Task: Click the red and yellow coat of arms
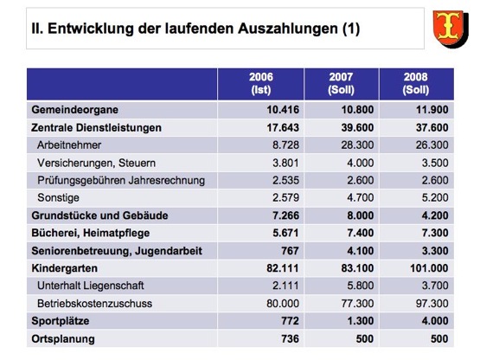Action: click(x=451, y=29)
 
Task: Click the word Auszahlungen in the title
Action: click(x=287, y=29)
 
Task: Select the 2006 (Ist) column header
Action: click(x=261, y=83)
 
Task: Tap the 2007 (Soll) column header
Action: click(x=341, y=83)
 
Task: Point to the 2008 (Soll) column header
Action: click(x=416, y=83)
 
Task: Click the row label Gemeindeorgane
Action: click(x=74, y=110)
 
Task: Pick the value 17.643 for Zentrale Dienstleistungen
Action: click(x=283, y=127)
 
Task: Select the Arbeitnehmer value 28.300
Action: click(x=357, y=145)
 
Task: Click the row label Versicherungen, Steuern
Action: click(x=96, y=163)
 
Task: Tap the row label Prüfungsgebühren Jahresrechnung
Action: click(x=121, y=181)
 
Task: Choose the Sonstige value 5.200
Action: click(x=435, y=197)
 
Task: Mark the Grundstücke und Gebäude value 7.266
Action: click(x=285, y=215)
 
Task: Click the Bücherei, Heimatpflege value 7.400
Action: click(x=361, y=233)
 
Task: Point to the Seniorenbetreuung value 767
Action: click(x=290, y=251)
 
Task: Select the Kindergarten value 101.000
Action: click(x=429, y=268)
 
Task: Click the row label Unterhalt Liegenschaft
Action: click(x=91, y=286)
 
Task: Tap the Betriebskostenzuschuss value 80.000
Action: click(x=283, y=304)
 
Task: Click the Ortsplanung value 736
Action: click(x=290, y=338)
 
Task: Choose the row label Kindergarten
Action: click(x=64, y=268)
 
